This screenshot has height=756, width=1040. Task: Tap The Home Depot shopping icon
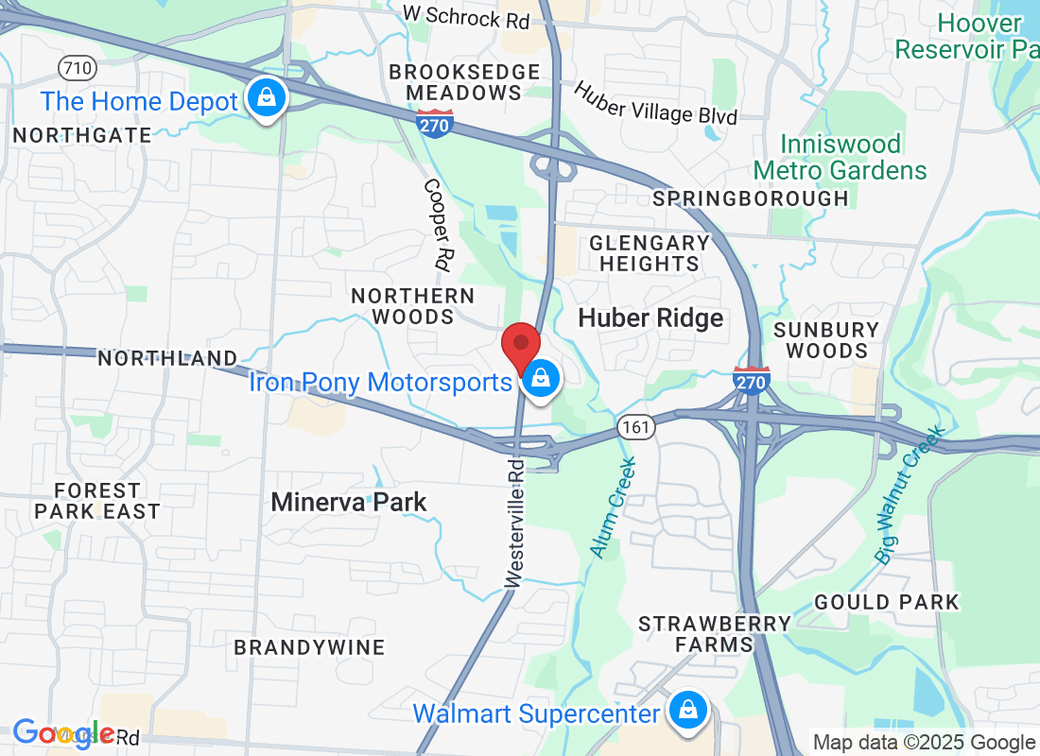(x=268, y=98)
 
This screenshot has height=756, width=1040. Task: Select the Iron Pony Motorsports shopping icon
(x=540, y=380)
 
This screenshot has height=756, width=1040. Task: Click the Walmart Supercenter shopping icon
(x=689, y=711)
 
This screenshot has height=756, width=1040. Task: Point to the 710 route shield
(x=76, y=68)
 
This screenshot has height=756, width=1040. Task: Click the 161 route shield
(x=637, y=427)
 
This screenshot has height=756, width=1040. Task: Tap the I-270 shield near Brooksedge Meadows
(x=435, y=122)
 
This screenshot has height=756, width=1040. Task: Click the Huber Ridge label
(x=650, y=318)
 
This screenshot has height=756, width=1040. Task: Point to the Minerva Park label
(x=349, y=502)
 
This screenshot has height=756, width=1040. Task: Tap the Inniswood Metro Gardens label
(x=841, y=158)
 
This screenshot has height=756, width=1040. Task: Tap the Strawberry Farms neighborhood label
(x=715, y=634)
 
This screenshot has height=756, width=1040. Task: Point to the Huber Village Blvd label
(x=655, y=102)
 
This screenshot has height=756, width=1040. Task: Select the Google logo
(x=64, y=733)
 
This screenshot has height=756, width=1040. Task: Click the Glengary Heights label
(x=650, y=253)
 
